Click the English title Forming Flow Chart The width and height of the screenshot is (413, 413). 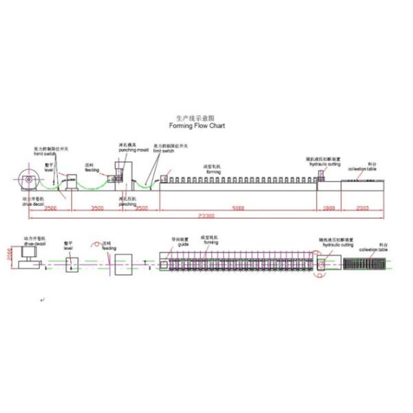tap(197, 127)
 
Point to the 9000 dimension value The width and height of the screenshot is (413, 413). tap(237, 206)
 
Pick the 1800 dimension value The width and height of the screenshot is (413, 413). tap(328, 206)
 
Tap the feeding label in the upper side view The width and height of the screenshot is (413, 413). tap(92, 168)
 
